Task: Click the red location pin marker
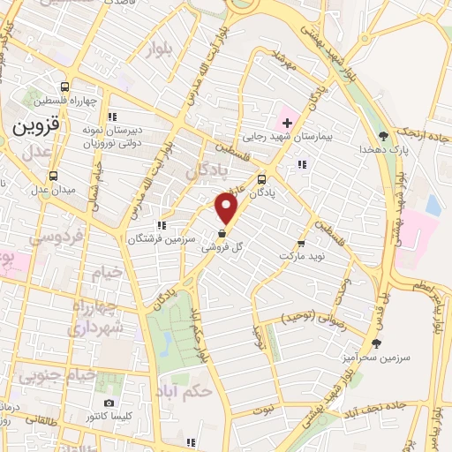coord(228,209)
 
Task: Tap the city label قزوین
coord(34,126)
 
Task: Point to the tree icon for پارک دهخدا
coord(383,135)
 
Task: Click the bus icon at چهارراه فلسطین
coord(64,87)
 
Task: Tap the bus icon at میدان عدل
coord(53,175)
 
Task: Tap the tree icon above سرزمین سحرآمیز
coord(377,344)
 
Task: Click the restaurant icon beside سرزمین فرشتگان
coord(160,225)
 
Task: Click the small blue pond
coord(432,205)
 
